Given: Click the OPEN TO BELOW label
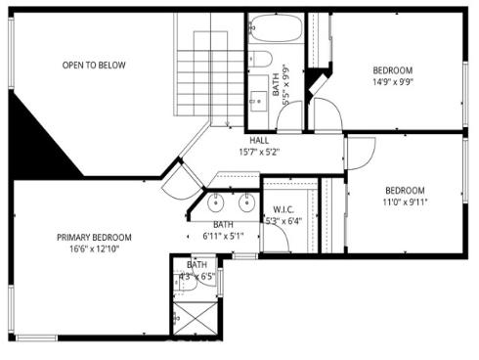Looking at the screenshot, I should pos(94,66).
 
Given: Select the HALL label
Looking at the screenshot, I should pos(259,140).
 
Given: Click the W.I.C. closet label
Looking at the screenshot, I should pos(284,209).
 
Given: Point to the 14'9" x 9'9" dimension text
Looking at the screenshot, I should pos(393,83).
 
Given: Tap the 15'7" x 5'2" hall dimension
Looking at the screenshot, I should pos(259,152).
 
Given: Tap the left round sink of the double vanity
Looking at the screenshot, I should pos(216,203).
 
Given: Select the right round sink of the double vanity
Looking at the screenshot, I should pos(246,203).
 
